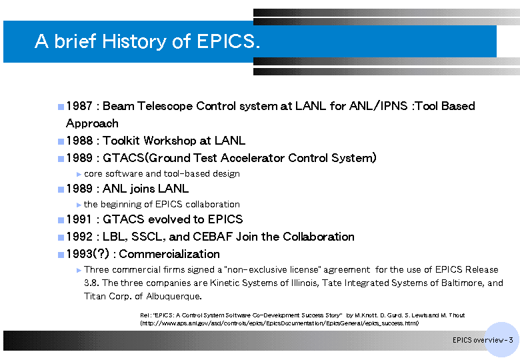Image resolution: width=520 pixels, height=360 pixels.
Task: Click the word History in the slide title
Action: point(134,41)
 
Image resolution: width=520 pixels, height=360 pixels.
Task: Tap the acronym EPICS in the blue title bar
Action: point(226,41)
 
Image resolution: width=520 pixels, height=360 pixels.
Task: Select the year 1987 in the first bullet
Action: point(79,106)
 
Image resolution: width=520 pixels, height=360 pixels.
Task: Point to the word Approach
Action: point(92,124)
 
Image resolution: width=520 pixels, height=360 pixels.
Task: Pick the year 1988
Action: point(79,141)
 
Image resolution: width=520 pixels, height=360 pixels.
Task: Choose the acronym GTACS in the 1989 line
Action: point(123,158)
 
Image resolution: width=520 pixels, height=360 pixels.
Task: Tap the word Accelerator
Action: point(253,158)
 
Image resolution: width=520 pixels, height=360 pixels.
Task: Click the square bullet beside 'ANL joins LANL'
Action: point(61,189)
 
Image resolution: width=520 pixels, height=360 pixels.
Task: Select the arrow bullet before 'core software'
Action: point(79,175)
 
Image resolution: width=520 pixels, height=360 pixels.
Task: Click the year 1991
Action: point(79,219)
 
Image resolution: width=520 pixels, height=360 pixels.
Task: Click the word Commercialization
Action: point(169,254)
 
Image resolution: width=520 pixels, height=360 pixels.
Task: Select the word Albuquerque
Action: point(174,297)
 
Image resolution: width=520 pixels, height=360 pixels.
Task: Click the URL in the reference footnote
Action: point(279,323)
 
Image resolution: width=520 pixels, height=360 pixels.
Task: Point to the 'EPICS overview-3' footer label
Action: point(483,340)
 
